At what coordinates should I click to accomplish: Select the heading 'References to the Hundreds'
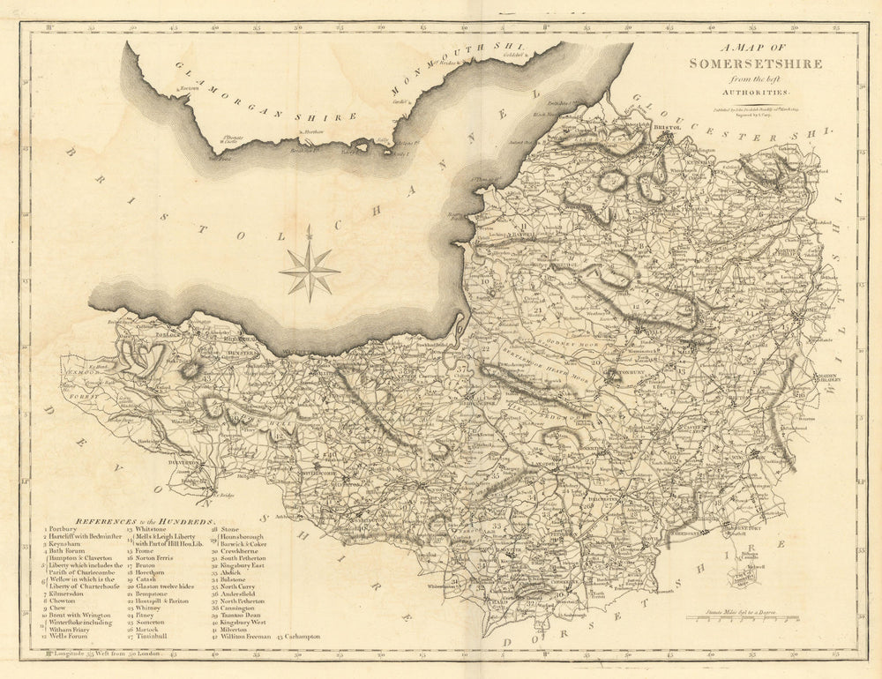(146, 522)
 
